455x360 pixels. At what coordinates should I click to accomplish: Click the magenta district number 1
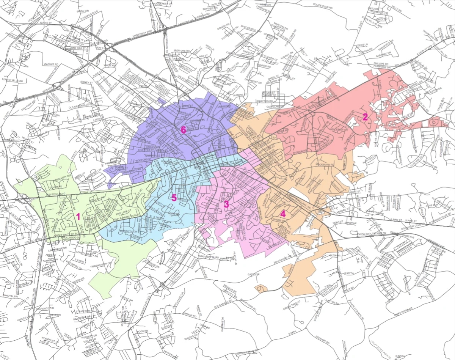click(x=78, y=217)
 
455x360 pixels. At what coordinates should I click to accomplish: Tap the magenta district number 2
click(x=365, y=117)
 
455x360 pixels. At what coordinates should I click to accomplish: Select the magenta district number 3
click(x=226, y=204)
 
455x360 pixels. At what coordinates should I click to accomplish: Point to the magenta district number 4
click(x=283, y=214)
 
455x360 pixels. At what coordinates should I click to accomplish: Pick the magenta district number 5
click(x=174, y=198)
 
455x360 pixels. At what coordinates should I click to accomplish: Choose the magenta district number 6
click(x=183, y=130)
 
